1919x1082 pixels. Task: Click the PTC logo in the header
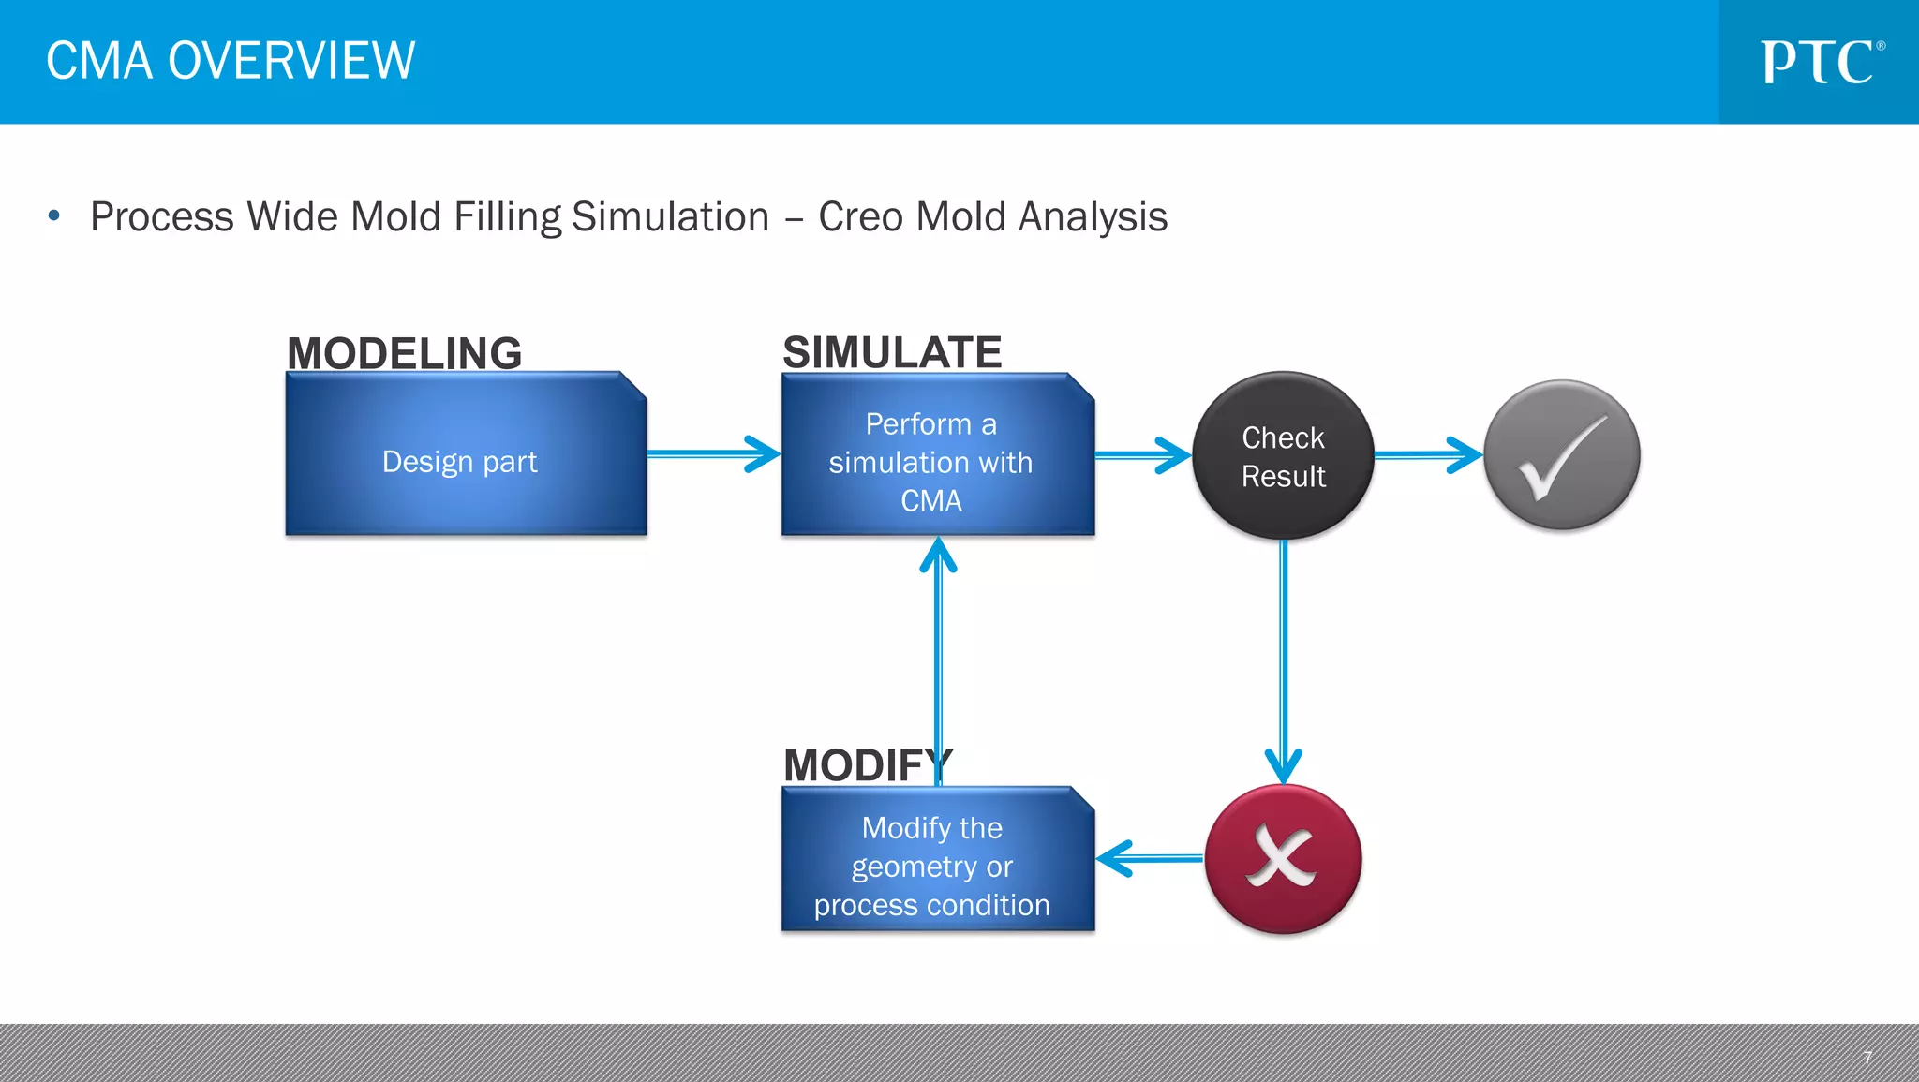(1821, 63)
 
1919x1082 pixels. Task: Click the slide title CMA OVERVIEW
(231, 62)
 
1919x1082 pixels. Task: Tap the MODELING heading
(404, 353)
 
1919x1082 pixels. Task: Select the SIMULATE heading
(892, 352)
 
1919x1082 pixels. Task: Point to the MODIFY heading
(867, 765)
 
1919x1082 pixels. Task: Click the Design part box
(466, 455)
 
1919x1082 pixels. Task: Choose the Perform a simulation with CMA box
(937, 457)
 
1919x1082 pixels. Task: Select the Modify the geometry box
(937, 861)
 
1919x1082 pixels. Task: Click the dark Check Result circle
(1283, 455)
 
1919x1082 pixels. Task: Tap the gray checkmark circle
(1562, 455)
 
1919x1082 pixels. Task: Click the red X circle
(1283, 858)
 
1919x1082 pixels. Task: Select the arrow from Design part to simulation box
(712, 454)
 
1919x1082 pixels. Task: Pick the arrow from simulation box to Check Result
(1141, 455)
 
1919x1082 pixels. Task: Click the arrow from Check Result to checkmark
(1427, 455)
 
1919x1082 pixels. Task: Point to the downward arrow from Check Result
(1283, 656)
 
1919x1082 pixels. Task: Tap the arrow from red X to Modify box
(1150, 858)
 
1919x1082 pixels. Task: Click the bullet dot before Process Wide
(54, 216)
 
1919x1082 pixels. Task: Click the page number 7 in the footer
(1867, 1057)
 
